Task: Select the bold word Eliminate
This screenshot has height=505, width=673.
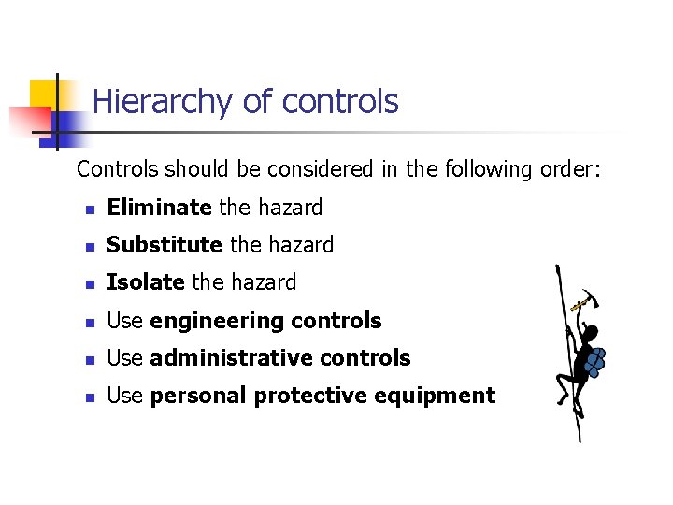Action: tap(159, 208)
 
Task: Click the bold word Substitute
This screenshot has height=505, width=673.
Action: tap(165, 245)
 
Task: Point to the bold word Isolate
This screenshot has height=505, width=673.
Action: tap(146, 282)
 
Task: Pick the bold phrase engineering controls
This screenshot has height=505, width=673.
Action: tap(265, 321)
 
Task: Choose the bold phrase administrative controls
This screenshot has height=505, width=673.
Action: tap(279, 358)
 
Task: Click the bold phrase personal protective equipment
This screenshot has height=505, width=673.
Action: tap(322, 396)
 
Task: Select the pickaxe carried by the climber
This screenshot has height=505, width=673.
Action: tap(584, 299)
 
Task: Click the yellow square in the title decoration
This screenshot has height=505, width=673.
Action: tap(43, 95)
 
